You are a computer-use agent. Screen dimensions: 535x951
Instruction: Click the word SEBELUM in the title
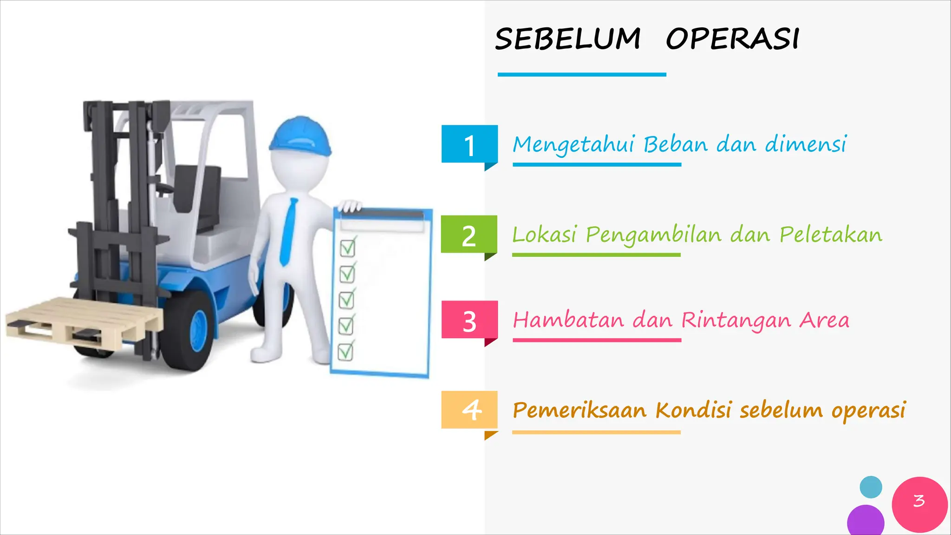tap(567, 39)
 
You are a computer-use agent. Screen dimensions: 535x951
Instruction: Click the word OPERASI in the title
tap(732, 39)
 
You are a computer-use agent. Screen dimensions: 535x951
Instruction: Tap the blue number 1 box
tap(469, 144)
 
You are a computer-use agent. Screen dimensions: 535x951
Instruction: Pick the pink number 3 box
tap(469, 320)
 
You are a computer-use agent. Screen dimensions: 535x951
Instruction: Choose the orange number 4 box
tap(469, 410)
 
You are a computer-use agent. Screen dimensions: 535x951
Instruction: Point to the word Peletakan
tap(831, 235)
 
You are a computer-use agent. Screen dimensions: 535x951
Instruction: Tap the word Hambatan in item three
tap(568, 320)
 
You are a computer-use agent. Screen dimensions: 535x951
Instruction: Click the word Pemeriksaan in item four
tap(580, 411)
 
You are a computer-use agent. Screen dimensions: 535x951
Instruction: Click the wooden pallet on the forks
tap(84, 320)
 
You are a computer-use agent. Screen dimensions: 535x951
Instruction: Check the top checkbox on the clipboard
tap(347, 248)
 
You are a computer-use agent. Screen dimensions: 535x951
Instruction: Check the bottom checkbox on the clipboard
tap(345, 352)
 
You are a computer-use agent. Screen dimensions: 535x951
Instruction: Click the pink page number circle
tap(919, 503)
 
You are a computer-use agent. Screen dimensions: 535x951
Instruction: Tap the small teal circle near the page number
tap(871, 487)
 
